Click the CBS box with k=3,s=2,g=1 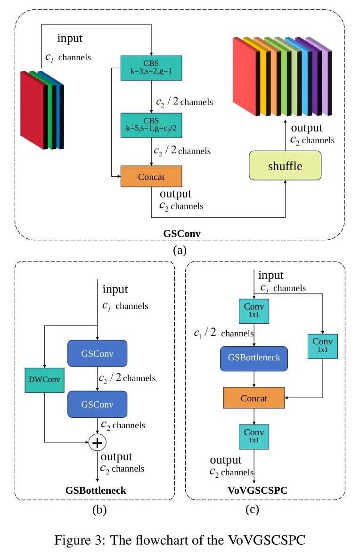pos(151,68)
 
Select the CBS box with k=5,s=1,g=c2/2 pos(151,125)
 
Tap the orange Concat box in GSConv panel pos(151,177)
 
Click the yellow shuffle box pos(285,165)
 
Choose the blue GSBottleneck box pos(254,358)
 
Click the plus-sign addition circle pos(97,442)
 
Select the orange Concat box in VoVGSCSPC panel pos(254,398)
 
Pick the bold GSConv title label pos(180,234)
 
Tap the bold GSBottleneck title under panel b pos(96,490)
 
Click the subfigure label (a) pos(180,250)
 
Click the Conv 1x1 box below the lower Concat pos(254,437)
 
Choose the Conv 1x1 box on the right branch pos(323,346)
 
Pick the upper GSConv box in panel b pos(97,353)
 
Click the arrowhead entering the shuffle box pos(285,182)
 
